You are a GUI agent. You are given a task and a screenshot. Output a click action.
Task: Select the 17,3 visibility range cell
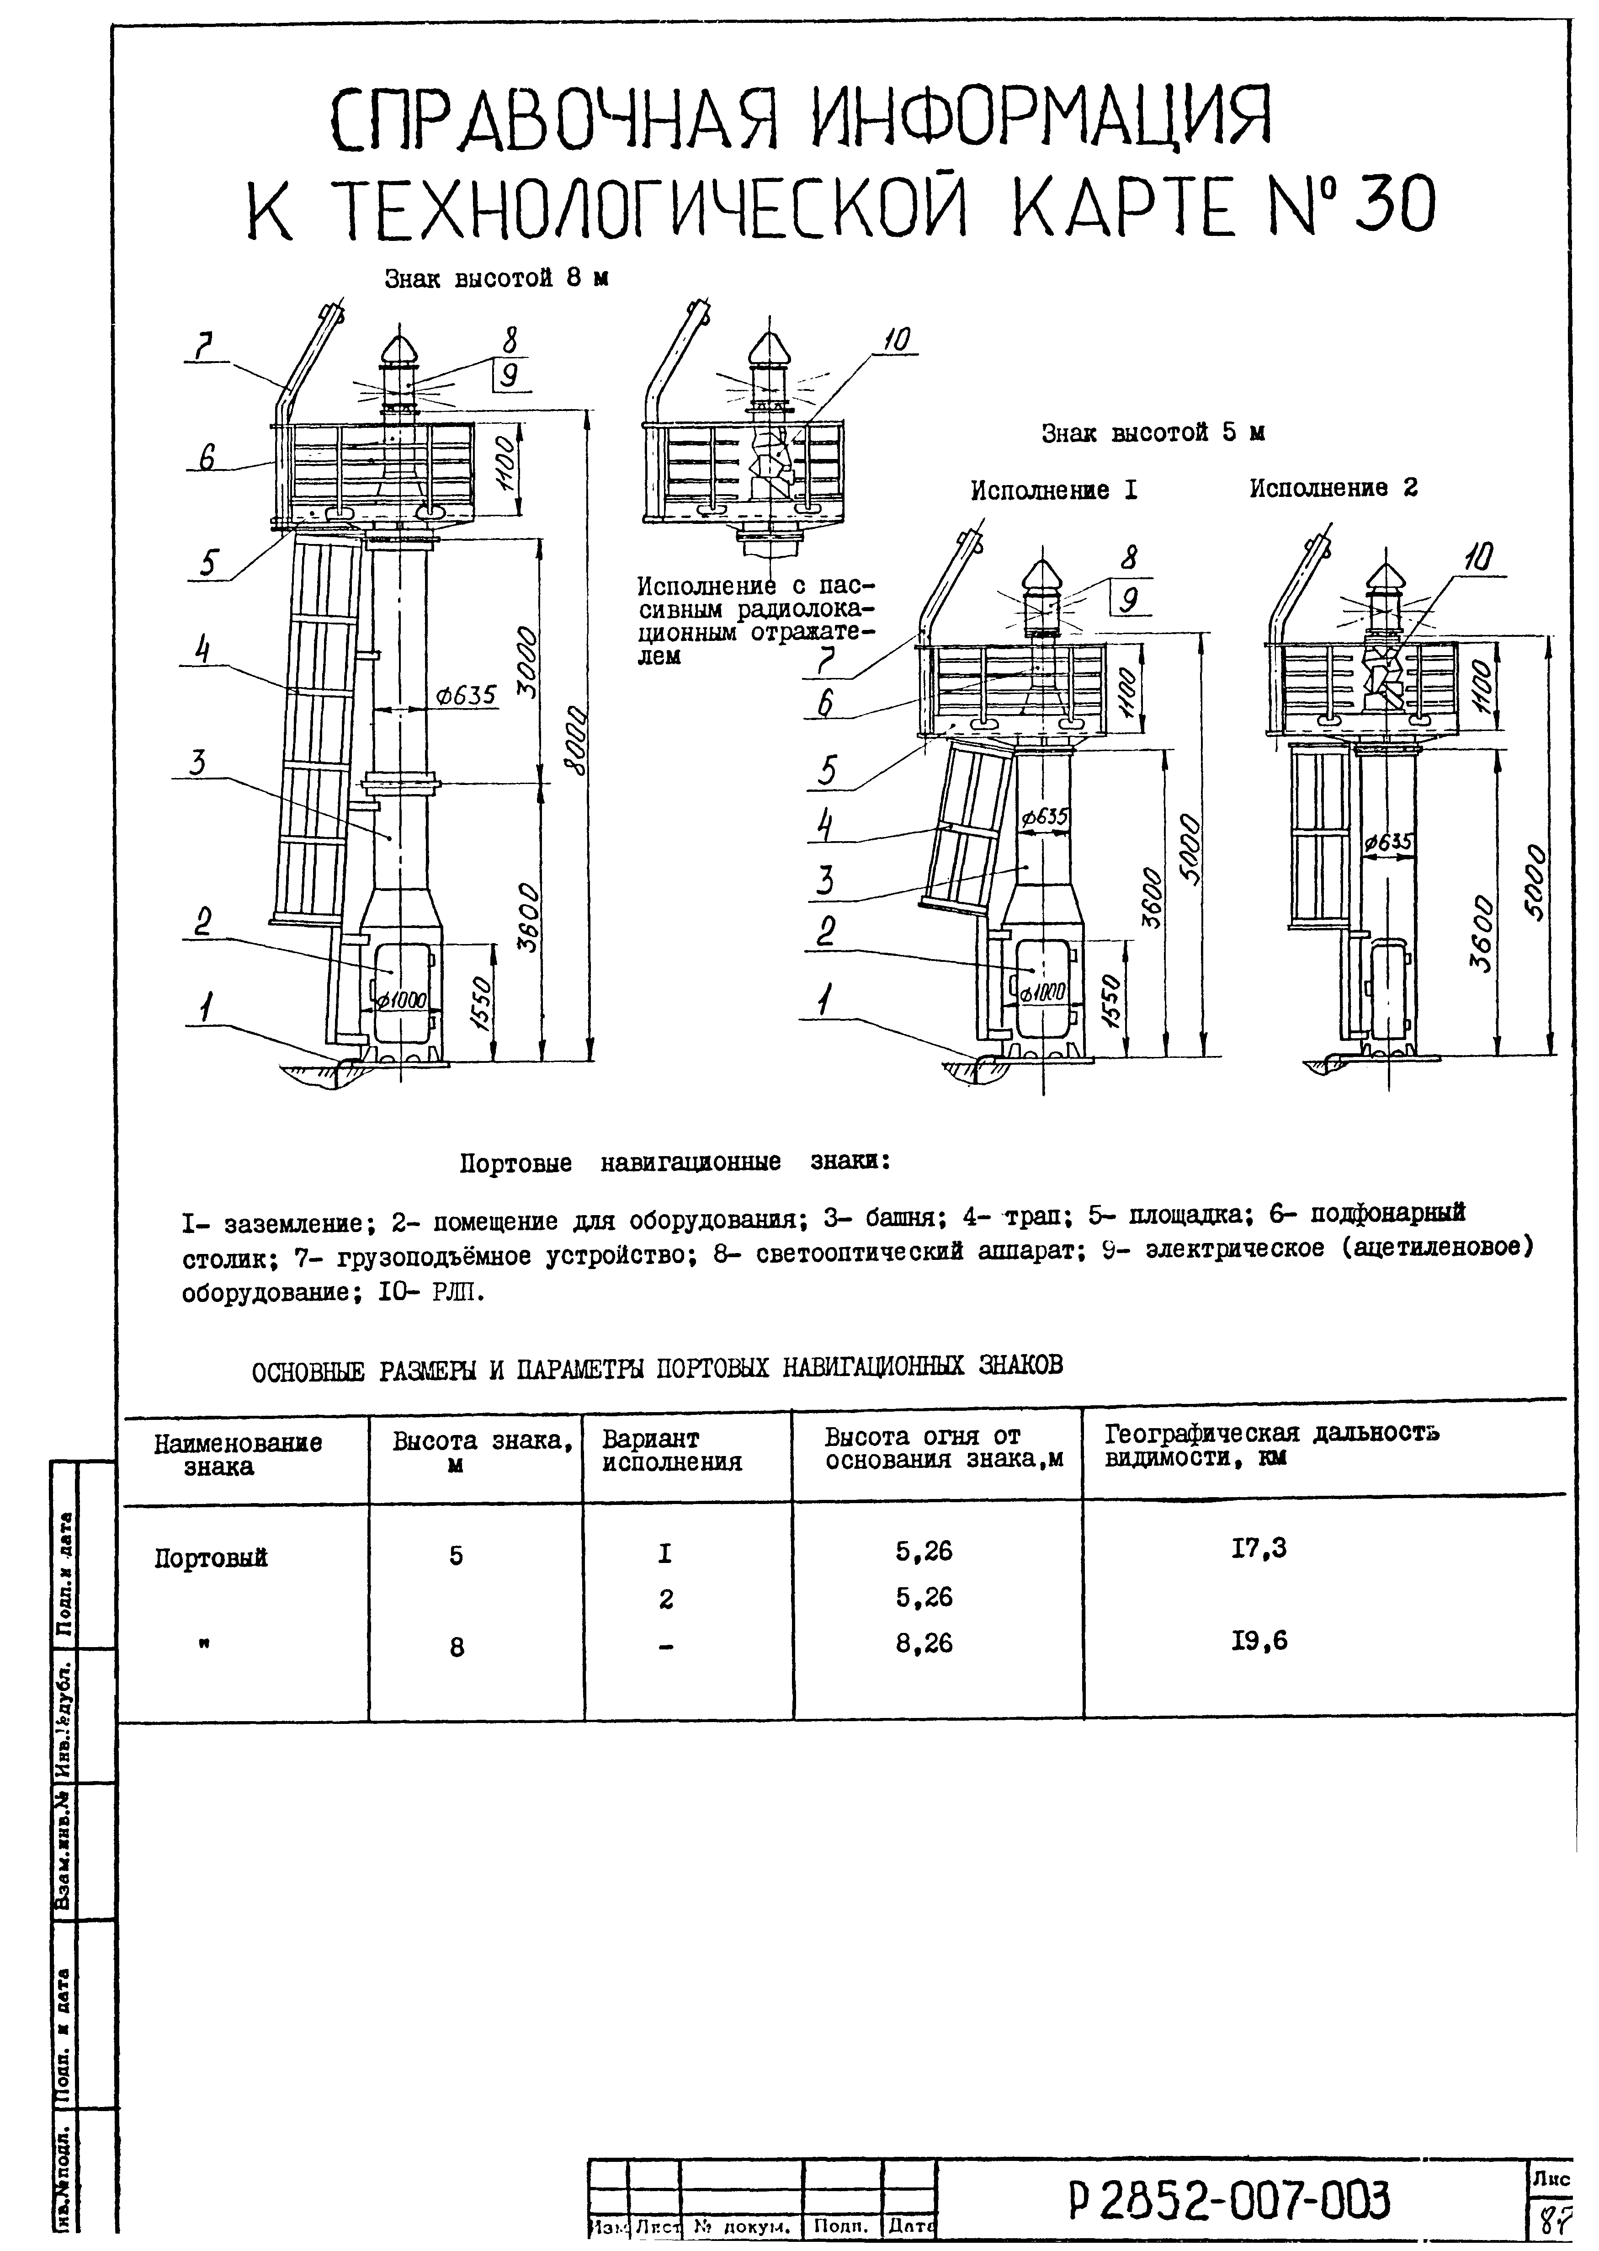pyautogui.click(x=1259, y=1549)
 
